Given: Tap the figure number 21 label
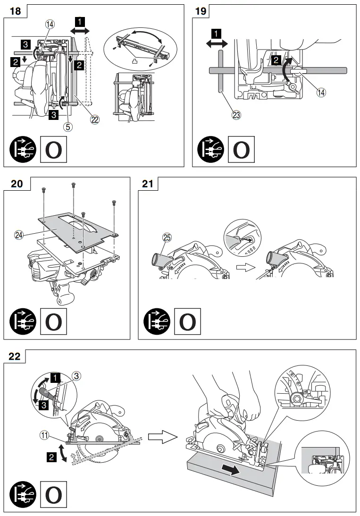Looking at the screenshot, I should (148, 184).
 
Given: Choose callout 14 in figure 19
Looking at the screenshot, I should (321, 92).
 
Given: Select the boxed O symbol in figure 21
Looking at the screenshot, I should (187, 321).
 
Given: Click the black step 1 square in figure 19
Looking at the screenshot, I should (216, 34).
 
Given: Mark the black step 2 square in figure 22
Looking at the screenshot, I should (50, 457).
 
